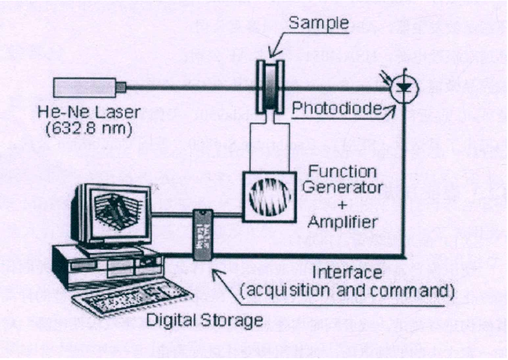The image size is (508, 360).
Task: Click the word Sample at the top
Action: [x=318, y=23]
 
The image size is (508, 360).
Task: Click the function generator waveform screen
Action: [x=269, y=195]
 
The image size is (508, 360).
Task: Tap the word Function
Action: [x=342, y=171]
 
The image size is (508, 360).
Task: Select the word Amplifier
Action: [x=342, y=221]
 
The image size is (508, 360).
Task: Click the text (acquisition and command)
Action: [x=347, y=291]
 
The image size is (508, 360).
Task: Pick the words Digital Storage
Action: [x=204, y=320]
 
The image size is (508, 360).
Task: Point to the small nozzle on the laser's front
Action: [x=121, y=88]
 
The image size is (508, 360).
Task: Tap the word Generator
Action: [x=342, y=187]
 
